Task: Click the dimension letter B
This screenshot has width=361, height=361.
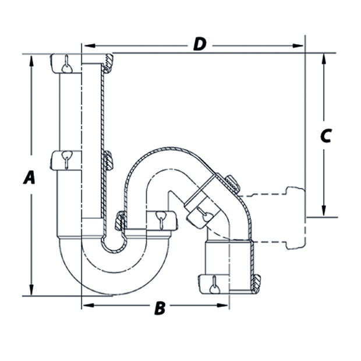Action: [159, 309]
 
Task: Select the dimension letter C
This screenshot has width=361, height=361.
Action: [326, 135]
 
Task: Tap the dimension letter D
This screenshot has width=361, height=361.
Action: [200, 44]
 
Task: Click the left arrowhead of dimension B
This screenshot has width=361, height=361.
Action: [86, 305]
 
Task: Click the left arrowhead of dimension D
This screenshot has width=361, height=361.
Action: [86, 45]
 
